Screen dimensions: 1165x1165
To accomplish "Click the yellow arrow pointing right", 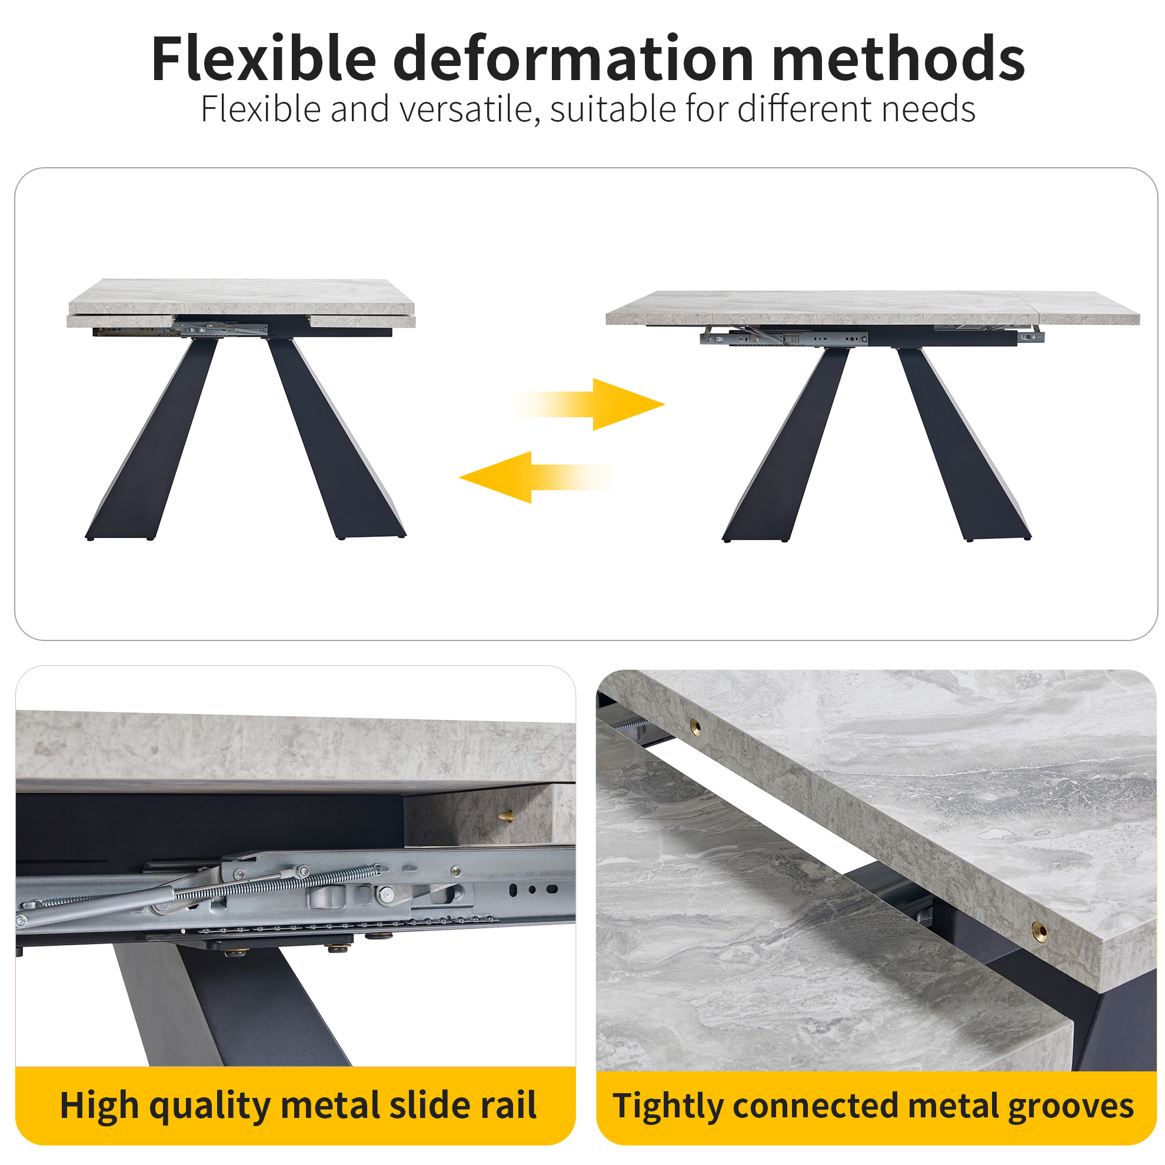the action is coord(589,404).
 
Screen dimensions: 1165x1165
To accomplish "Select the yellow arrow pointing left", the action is coord(535,477).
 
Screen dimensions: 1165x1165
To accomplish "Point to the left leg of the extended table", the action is coord(785,444).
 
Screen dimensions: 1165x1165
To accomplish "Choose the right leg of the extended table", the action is coord(964,444).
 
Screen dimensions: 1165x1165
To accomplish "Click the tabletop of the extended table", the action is coord(873,308).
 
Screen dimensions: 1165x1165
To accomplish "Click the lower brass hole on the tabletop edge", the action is coord(1039,930).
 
